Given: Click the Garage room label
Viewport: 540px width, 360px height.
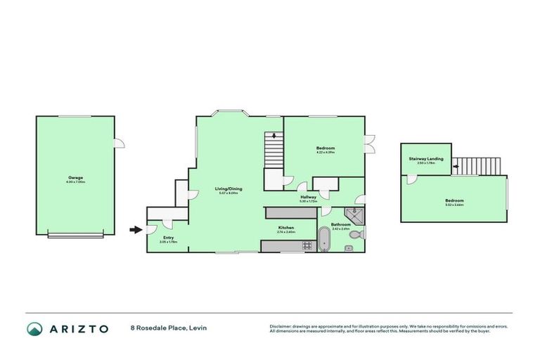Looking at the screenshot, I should point(75,178).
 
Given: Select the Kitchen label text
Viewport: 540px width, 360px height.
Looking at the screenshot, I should point(285,229).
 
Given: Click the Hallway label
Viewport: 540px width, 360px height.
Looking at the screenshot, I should point(308,198).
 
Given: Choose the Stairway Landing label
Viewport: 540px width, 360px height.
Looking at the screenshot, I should point(426,159).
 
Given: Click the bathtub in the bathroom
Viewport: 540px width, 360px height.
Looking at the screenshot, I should point(323,239).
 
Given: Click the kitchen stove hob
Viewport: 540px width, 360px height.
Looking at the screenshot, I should point(306,246).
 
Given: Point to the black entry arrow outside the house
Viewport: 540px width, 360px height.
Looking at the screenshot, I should point(135,229).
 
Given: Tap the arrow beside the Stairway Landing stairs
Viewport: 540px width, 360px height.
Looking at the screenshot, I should point(456,166).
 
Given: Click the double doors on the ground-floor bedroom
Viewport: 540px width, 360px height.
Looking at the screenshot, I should point(369,143).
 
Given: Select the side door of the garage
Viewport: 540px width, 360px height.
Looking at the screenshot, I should point(119,144).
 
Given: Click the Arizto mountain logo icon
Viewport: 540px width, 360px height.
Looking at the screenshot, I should point(35,328).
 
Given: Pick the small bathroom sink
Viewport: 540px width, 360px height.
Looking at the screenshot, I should point(347,248).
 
